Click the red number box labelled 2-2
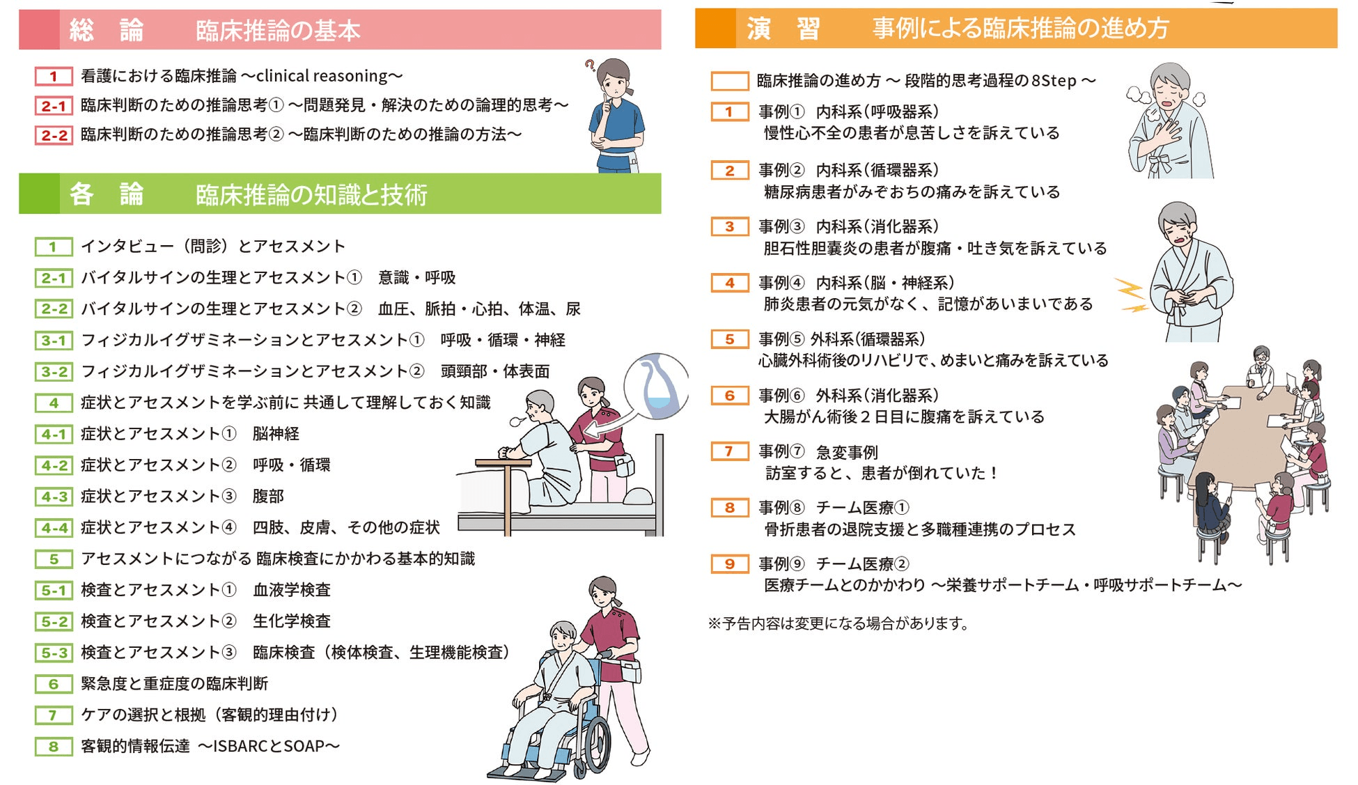click(x=54, y=134)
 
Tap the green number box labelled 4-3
click(x=54, y=497)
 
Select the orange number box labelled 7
click(x=729, y=451)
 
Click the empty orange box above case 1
click(x=729, y=81)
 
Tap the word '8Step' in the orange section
click(x=1054, y=81)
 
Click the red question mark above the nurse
click(x=590, y=65)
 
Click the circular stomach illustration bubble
click(x=656, y=387)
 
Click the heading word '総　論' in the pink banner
click(x=107, y=30)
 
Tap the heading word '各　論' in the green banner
click(x=107, y=194)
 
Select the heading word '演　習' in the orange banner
click(x=783, y=29)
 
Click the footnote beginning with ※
click(x=838, y=623)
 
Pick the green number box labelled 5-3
click(x=54, y=653)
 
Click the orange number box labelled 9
click(x=729, y=564)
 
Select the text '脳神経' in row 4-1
click(x=276, y=434)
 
